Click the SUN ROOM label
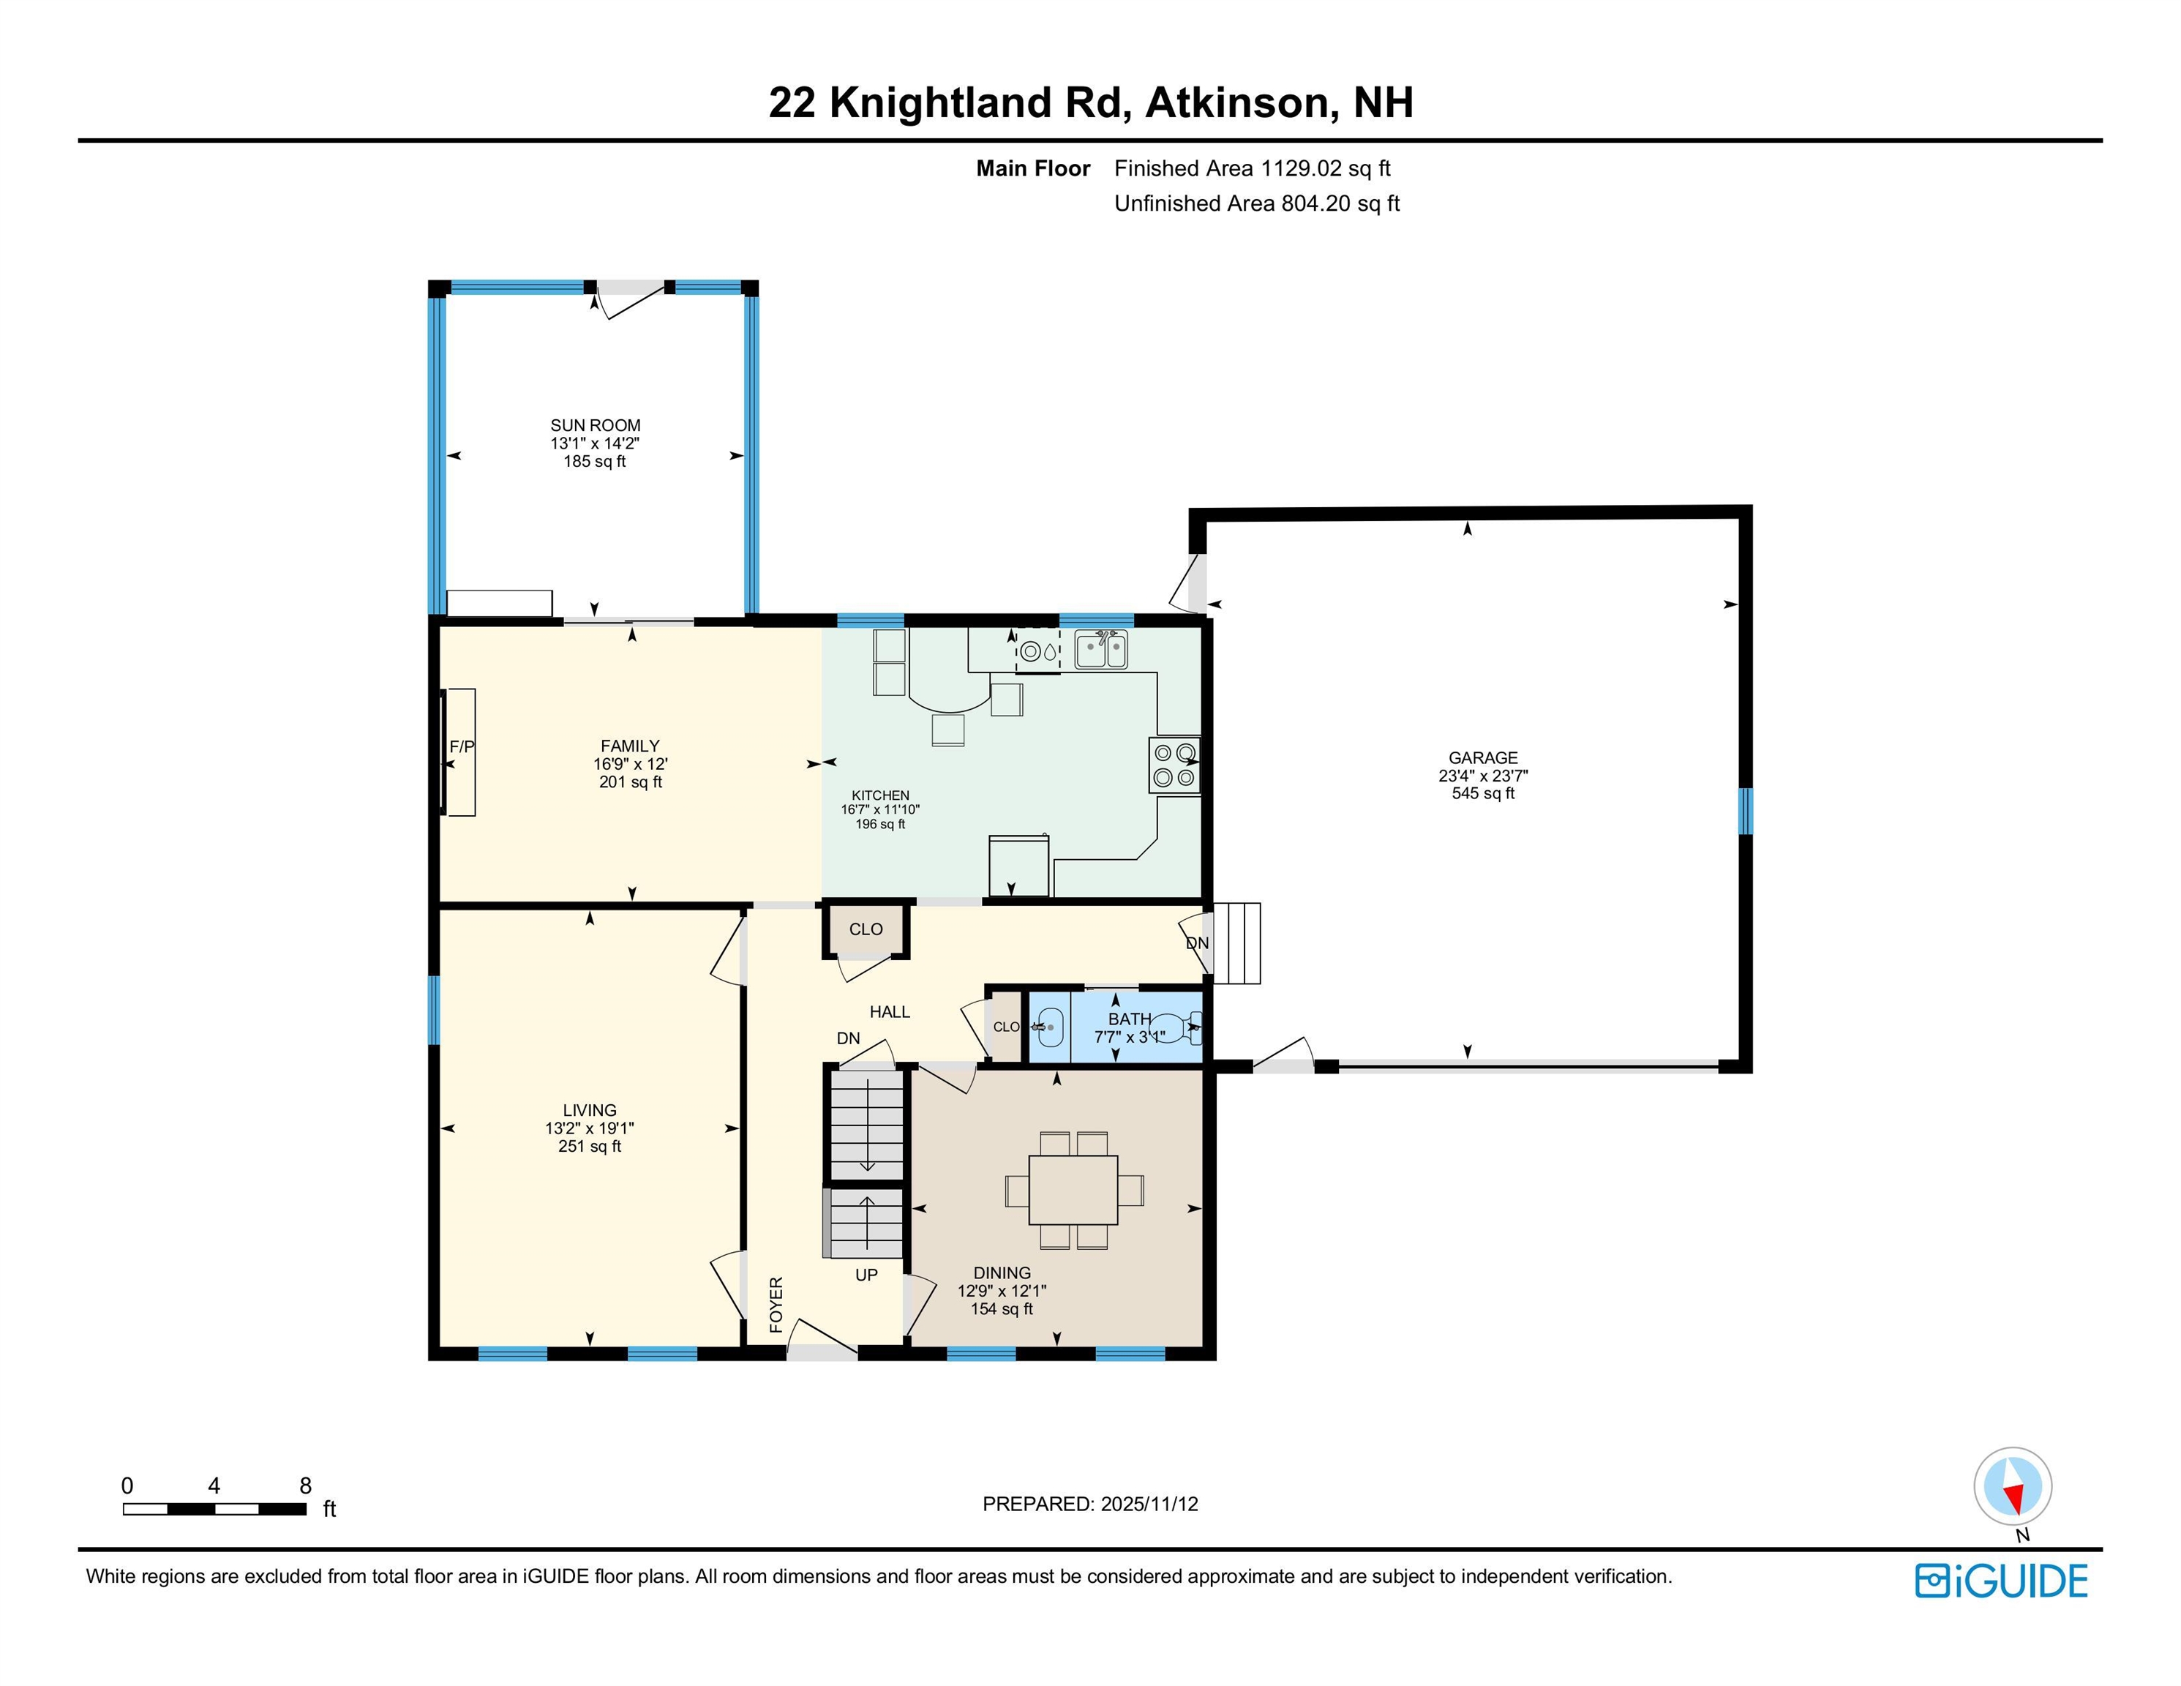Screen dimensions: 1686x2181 click(x=595, y=425)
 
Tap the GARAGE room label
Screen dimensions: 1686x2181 click(x=1483, y=757)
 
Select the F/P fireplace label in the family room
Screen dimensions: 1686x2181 click(x=462, y=747)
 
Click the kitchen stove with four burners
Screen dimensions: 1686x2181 click(x=1174, y=766)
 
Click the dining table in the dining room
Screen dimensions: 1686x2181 click(x=1073, y=1190)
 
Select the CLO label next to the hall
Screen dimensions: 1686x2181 click(x=865, y=929)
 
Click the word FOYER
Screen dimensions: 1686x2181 click(x=776, y=1305)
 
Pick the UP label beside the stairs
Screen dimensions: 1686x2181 click(x=866, y=1275)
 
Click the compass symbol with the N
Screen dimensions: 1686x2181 click(x=2012, y=1485)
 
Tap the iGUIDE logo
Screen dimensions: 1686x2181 click(x=2001, y=1581)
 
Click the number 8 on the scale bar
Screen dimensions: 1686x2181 click(x=306, y=1485)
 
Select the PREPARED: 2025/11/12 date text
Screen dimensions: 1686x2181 click(x=1089, y=1505)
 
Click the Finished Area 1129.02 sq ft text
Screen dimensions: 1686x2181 click(x=1253, y=169)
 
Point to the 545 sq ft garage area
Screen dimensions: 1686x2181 click(x=1483, y=793)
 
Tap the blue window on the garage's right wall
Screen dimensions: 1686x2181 click(x=1745, y=811)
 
